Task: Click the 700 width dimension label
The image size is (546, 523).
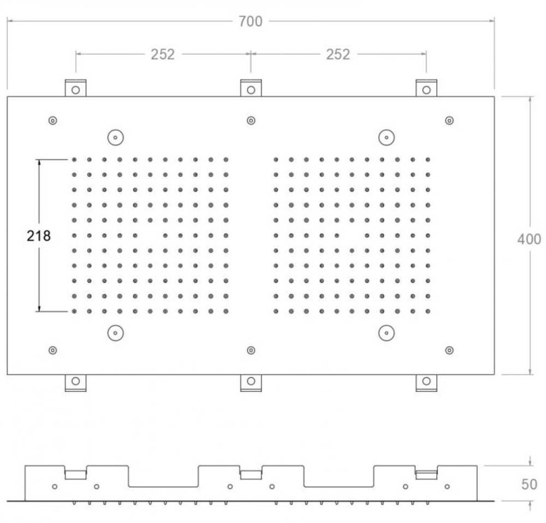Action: point(251,22)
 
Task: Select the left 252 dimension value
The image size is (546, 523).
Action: point(163,54)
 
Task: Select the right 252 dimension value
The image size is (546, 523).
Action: point(338,54)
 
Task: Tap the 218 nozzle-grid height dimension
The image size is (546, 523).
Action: point(39,236)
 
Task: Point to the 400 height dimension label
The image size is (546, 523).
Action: point(529,239)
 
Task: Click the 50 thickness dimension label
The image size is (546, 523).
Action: point(529,484)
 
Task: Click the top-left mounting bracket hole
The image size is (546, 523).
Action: point(75,90)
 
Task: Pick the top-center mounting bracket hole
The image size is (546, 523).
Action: point(251,90)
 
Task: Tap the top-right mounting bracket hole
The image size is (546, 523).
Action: point(426,90)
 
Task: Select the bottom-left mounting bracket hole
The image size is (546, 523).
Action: point(75,381)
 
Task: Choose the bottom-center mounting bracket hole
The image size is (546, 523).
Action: point(251,381)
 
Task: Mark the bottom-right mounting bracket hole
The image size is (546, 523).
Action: point(426,381)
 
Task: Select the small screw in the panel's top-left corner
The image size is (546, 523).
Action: point(52,121)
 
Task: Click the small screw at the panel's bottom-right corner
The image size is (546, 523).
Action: point(449,350)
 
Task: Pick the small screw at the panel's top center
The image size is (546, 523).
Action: point(251,121)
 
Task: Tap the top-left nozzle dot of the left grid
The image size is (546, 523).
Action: point(74,160)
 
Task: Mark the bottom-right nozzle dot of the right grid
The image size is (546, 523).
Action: point(428,311)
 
